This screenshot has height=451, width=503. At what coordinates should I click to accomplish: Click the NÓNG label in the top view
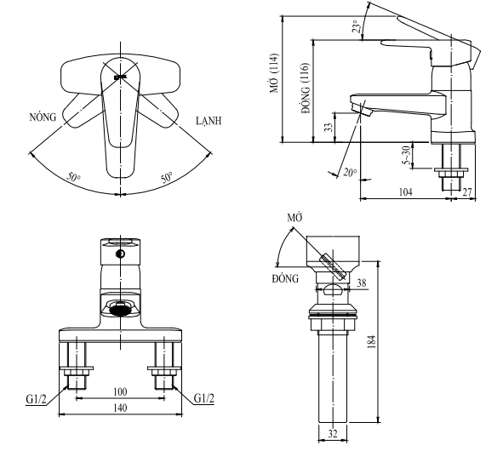point(45,118)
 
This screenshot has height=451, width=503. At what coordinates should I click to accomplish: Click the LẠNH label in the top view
point(207,121)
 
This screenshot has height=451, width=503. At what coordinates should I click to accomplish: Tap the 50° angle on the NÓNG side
point(75,178)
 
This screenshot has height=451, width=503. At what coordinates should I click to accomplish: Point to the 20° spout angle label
point(351,173)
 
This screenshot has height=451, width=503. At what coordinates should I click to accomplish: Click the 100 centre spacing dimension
point(120,391)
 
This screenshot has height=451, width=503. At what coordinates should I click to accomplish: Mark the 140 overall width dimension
point(120,408)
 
